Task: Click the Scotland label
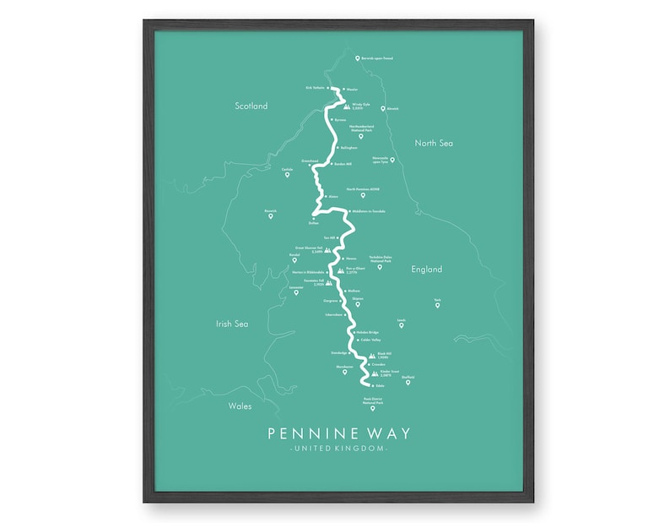click(251, 106)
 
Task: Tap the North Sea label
click(434, 144)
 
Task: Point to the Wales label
click(240, 406)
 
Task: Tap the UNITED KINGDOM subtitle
click(338, 449)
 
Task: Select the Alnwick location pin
click(382, 109)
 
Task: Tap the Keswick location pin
click(271, 216)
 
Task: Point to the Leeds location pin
click(402, 325)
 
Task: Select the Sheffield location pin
click(408, 383)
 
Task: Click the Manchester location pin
click(344, 372)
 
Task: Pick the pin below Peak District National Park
click(372, 409)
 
